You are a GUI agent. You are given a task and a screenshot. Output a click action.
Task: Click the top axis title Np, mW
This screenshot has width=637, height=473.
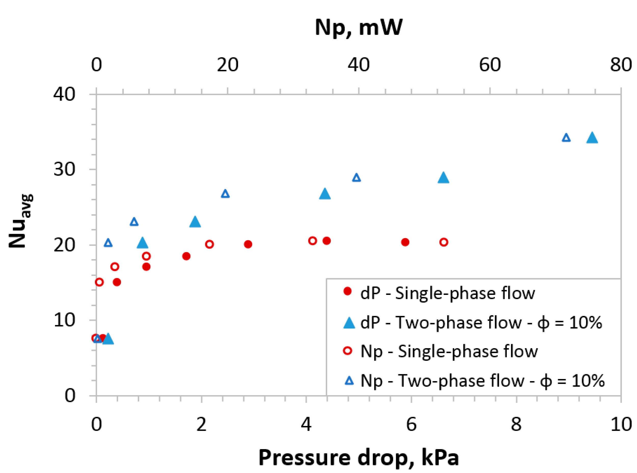pos(358,28)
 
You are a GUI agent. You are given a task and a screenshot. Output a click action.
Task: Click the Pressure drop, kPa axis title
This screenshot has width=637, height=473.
pos(358,457)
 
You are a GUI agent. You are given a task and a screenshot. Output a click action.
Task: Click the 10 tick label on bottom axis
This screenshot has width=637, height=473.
pos(621,424)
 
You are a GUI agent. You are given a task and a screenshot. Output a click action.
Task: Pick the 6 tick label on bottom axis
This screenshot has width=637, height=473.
pos(411,424)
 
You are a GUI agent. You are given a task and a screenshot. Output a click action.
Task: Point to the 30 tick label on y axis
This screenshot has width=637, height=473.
pos(64,169)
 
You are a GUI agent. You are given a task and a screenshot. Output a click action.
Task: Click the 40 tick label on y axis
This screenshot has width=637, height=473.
pos(64,94)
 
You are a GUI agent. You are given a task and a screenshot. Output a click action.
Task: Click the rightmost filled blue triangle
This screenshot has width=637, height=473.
pos(592,138)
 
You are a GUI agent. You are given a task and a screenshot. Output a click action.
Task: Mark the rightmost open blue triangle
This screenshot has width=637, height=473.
pos(566,138)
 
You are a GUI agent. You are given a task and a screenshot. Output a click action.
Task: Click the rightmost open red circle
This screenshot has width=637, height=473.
pos(444,242)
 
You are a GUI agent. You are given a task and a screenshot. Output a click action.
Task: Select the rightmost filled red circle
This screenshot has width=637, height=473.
pos(405,242)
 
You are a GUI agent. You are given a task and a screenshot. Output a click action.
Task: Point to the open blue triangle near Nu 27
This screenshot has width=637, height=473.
pos(225,194)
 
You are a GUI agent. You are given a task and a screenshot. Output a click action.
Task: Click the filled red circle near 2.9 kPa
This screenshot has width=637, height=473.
pos(248,244)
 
